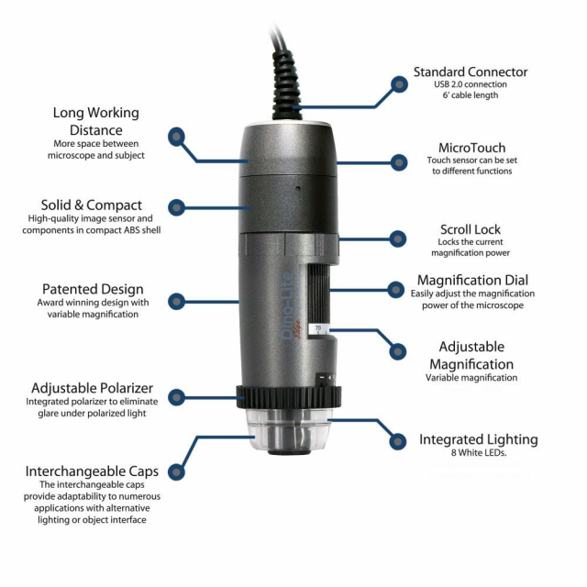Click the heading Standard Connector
(471, 72)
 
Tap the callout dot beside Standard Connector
(399, 84)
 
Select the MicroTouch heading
(471, 148)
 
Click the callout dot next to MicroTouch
(399, 163)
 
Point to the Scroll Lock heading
(471, 229)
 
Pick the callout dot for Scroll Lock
(398, 238)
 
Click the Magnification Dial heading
(472, 280)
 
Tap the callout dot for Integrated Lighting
(398, 441)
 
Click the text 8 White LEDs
(479, 452)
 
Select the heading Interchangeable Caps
(92, 471)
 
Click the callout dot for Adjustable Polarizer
(177, 397)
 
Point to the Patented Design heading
(93, 289)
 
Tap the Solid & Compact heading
(92, 205)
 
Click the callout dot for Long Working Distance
(176, 137)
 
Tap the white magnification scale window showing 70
(319, 329)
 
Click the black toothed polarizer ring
(289, 397)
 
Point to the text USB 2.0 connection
(471, 84)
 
